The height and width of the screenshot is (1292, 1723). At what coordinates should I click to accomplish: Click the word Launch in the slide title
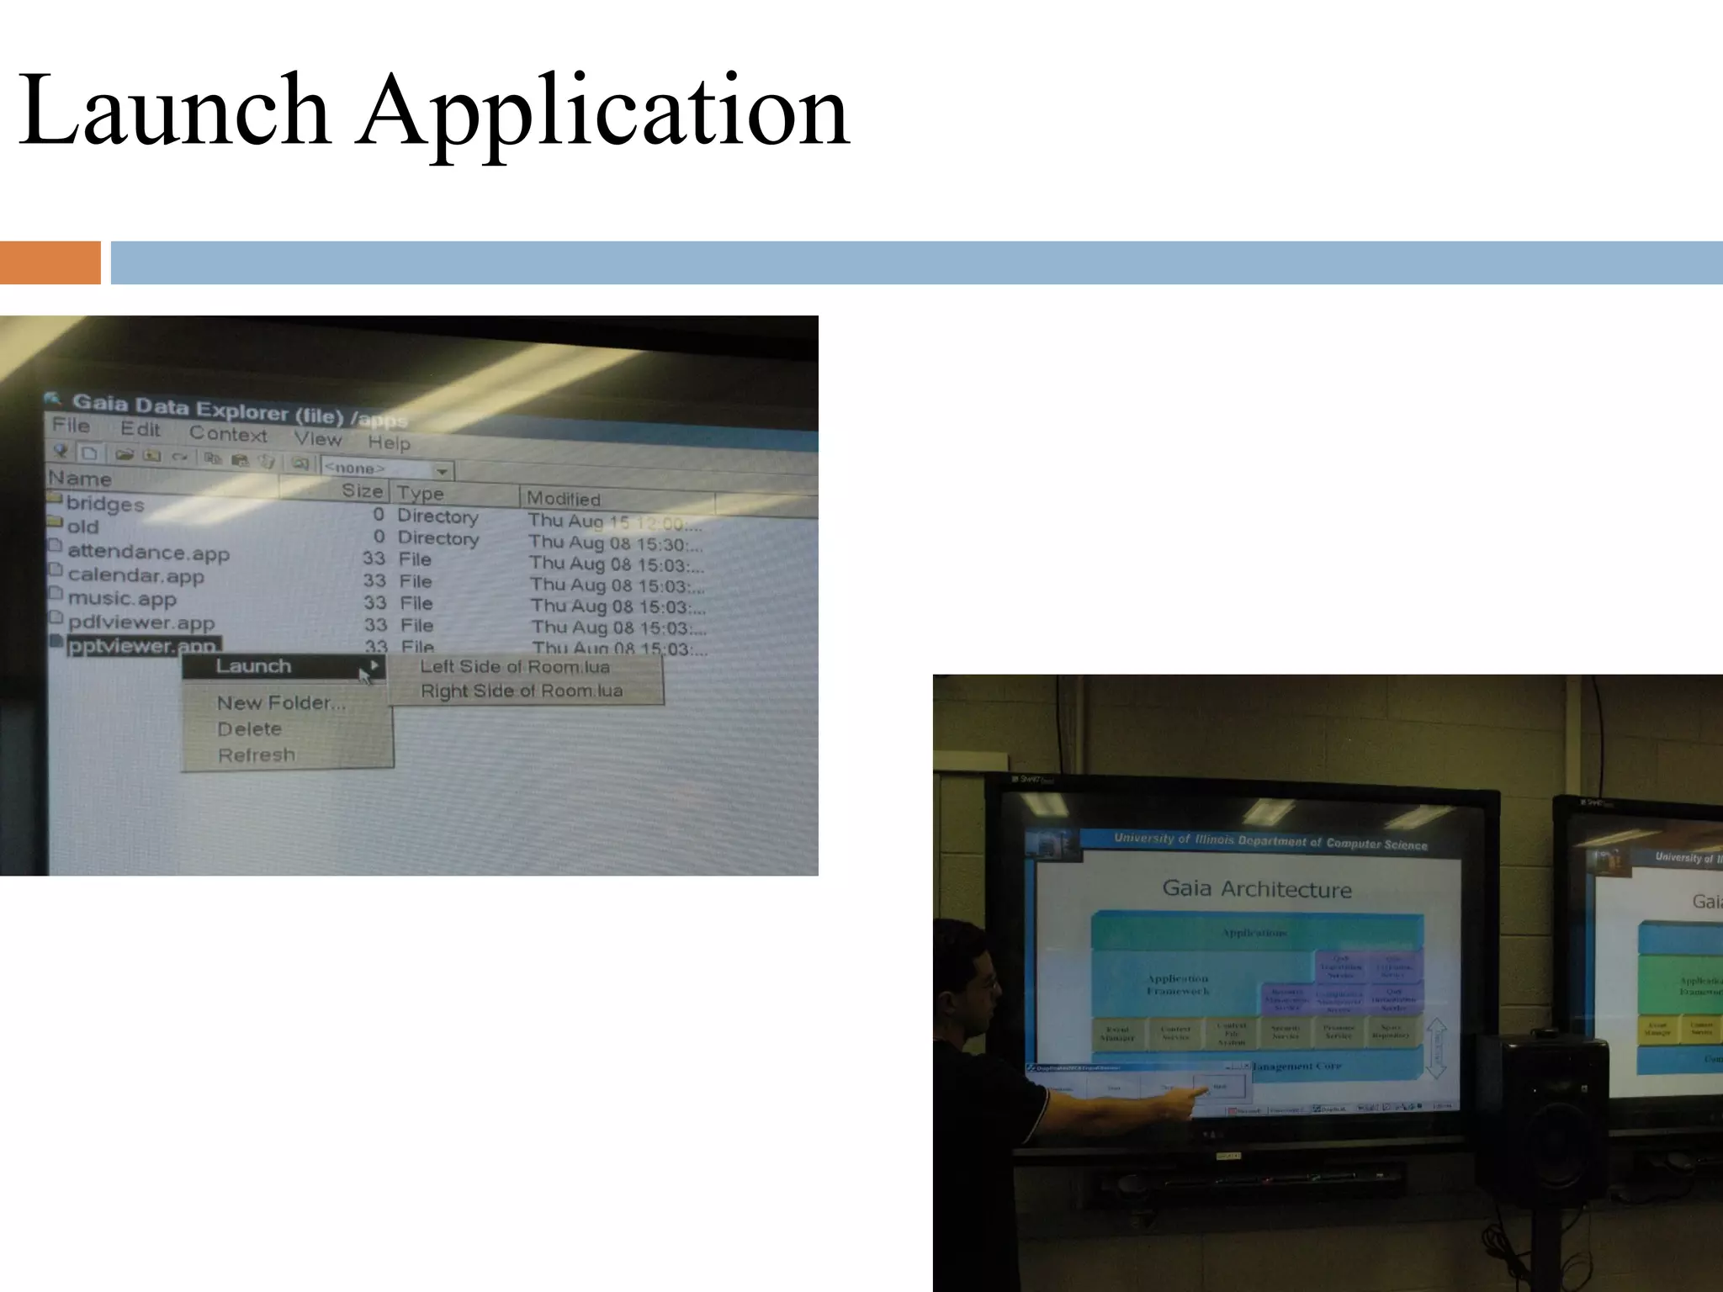coord(173,110)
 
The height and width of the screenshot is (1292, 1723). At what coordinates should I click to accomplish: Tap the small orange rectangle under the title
coord(50,262)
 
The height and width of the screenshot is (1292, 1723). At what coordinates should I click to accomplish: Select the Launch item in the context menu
coord(254,666)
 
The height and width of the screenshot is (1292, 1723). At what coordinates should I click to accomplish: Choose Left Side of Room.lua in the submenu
coord(515,667)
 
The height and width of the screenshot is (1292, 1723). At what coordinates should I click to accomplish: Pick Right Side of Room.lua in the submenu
coord(522,691)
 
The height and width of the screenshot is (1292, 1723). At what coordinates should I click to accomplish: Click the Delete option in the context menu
coord(249,729)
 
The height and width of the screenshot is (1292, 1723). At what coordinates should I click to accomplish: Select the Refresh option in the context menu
coord(257,755)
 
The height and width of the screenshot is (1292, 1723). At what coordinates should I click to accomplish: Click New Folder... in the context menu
coord(281,703)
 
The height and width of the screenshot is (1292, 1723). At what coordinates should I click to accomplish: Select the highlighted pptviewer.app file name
coord(142,646)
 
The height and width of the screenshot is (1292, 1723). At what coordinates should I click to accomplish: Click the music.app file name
coord(122,599)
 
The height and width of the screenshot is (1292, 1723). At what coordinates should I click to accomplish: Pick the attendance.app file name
coord(148,552)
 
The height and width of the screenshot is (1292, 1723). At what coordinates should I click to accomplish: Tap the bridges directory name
coord(105,504)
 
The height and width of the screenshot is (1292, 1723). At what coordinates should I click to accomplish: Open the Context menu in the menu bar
coord(228,434)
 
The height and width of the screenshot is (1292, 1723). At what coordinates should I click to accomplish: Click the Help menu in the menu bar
coord(389,442)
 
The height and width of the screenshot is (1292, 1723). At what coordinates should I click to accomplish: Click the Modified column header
coord(564,499)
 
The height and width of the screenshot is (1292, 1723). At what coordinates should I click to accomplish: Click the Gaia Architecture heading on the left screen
coord(1257,889)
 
